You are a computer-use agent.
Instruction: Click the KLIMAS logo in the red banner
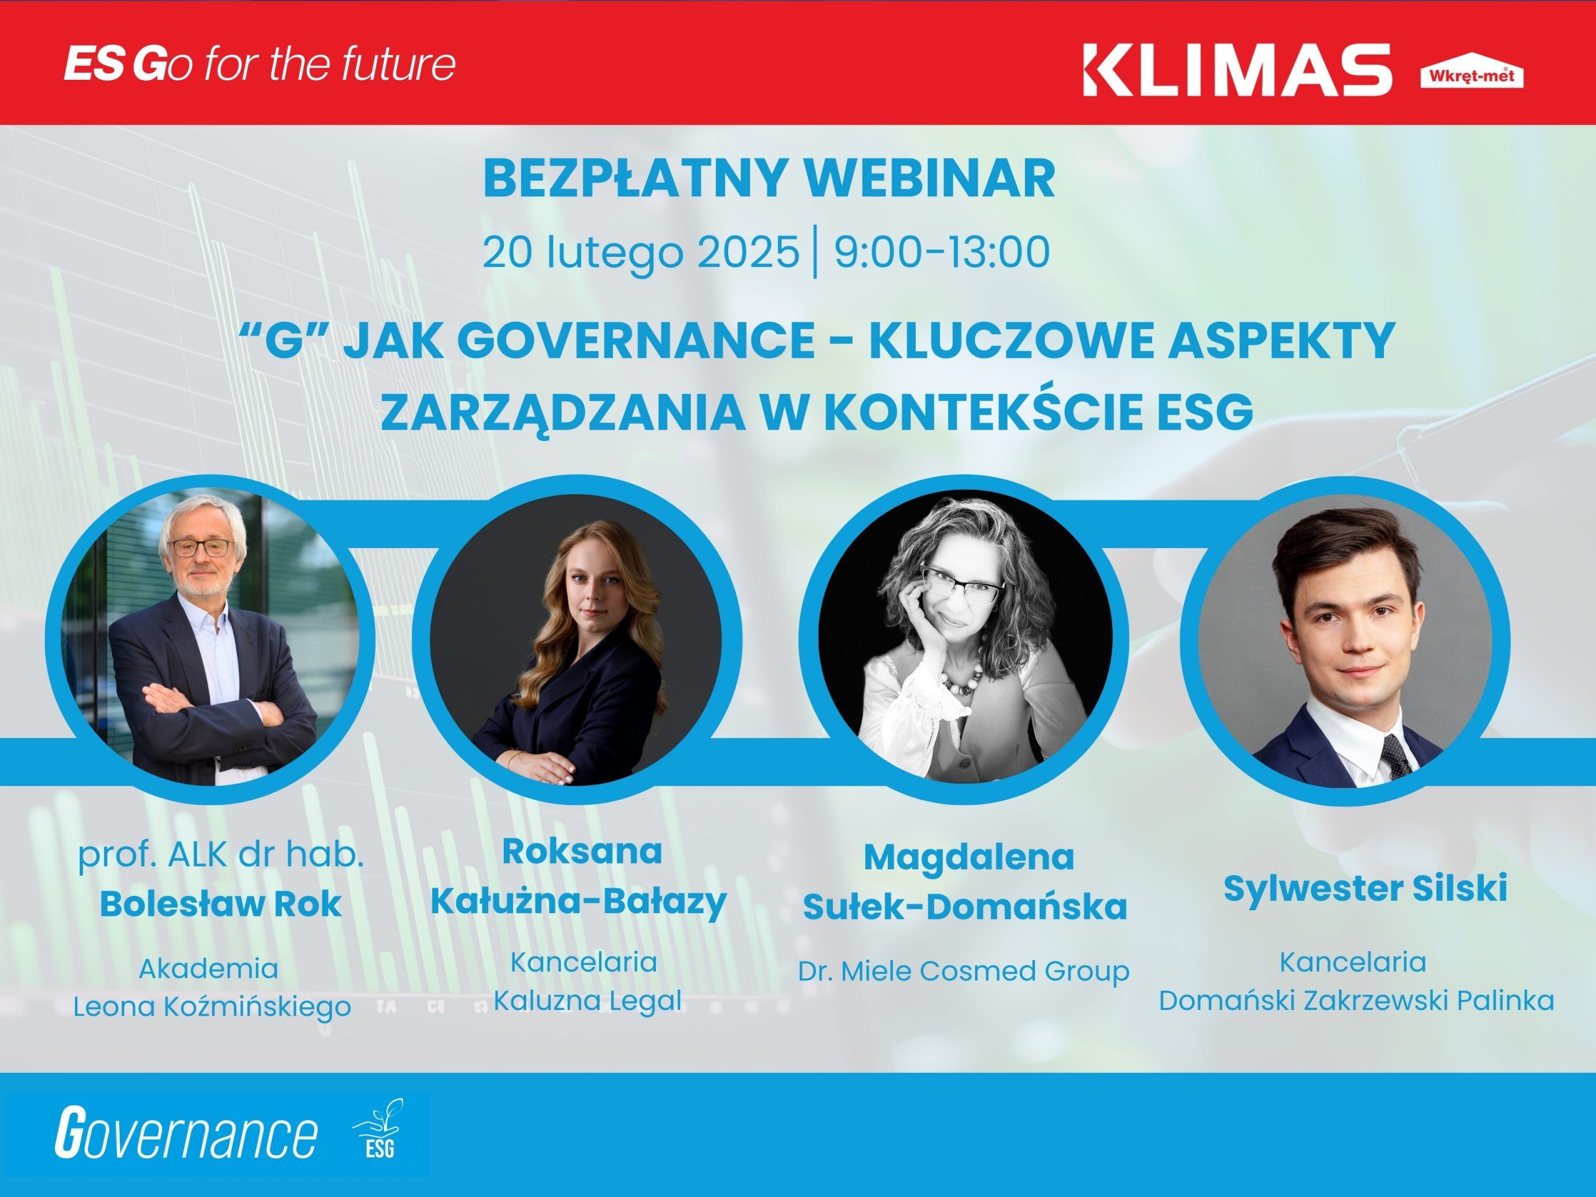[x=1237, y=69]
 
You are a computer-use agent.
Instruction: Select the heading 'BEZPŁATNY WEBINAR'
[x=769, y=178]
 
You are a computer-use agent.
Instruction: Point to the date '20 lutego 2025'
[x=641, y=252]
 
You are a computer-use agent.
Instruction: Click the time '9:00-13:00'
[x=941, y=251]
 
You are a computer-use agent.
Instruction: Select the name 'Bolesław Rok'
[x=220, y=904]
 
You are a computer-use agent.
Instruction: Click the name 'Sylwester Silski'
[x=1365, y=888]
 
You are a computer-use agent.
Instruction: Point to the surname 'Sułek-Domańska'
[x=964, y=906]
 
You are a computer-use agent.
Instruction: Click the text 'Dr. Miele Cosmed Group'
[x=963, y=971]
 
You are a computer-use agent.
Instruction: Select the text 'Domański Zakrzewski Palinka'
[x=1357, y=1001]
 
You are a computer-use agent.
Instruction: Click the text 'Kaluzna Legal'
[x=587, y=1001]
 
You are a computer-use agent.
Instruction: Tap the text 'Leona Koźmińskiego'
[x=212, y=1006]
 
